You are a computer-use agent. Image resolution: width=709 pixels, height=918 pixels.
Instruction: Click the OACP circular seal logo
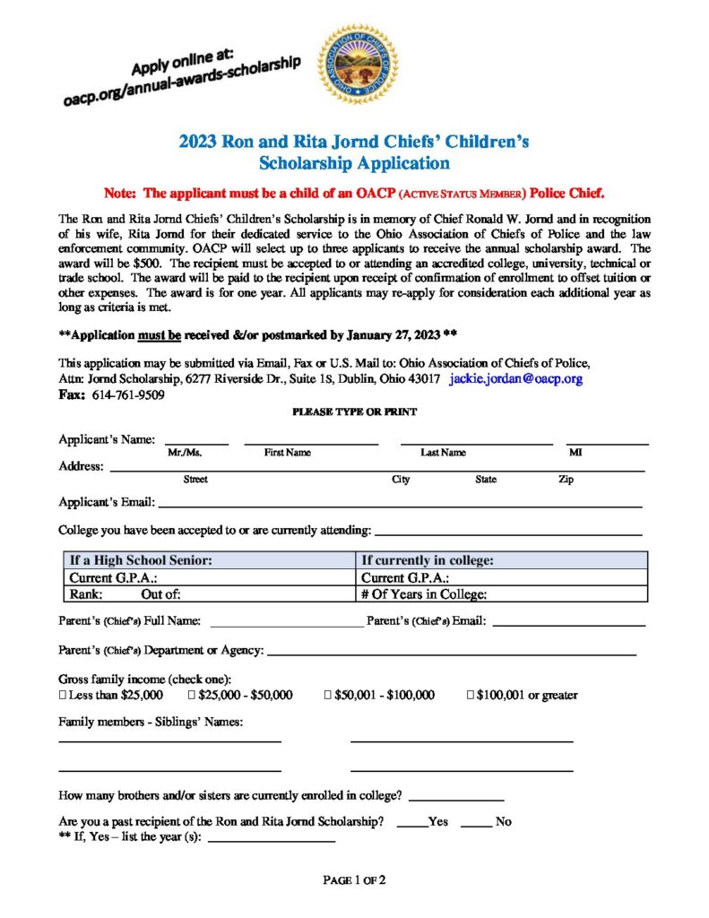click(359, 65)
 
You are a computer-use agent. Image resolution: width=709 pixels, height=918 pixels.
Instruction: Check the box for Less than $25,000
click(63, 695)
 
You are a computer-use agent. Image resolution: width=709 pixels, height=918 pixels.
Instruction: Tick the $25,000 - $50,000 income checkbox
click(192, 695)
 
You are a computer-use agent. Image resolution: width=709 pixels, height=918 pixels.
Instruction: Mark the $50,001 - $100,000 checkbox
click(329, 695)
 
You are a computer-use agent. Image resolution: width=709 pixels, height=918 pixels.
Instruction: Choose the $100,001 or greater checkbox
click(471, 695)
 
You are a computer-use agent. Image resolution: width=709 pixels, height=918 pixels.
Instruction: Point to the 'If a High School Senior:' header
click(141, 561)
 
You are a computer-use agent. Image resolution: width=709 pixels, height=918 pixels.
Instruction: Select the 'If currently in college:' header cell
click(428, 561)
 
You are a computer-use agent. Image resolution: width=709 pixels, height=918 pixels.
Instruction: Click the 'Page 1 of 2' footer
click(354, 880)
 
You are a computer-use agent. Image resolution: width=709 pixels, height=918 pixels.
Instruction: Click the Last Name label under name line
click(443, 453)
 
